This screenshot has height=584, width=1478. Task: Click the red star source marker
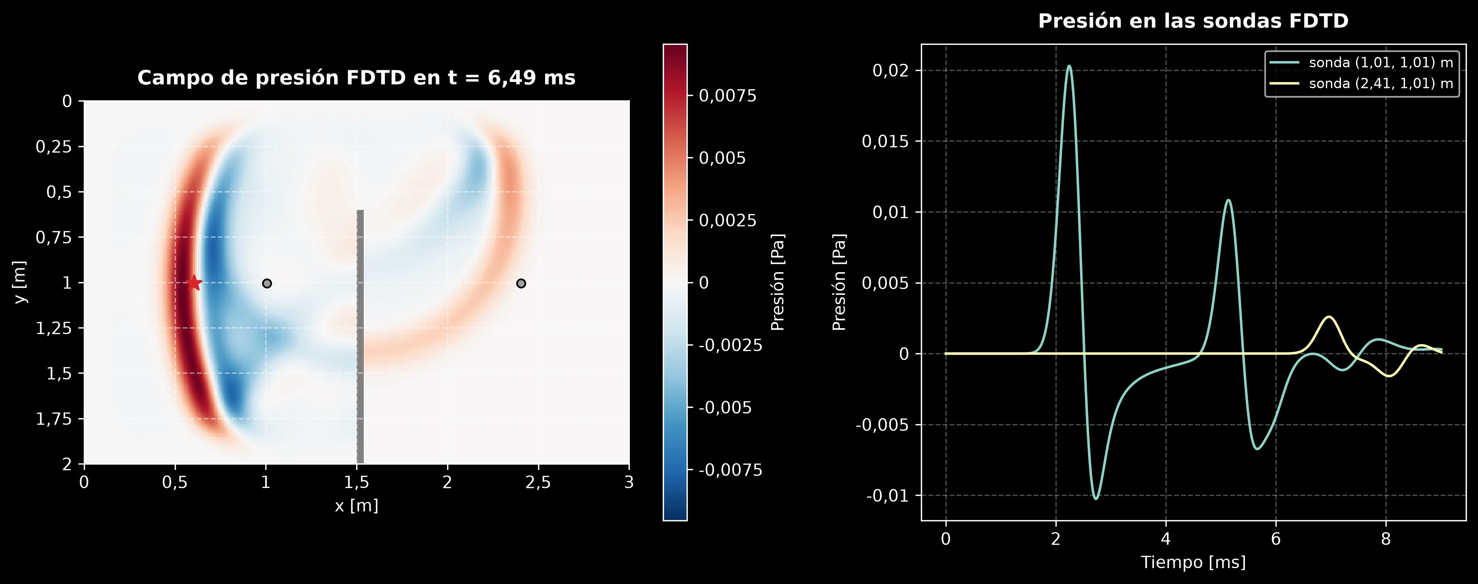click(x=195, y=282)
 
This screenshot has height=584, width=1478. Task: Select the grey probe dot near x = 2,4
click(x=521, y=283)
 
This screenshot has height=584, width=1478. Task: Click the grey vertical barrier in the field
click(x=360, y=336)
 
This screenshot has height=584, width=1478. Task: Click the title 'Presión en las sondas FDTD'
click(x=1193, y=21)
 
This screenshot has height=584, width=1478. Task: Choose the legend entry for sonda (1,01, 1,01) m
click(x=1361, y=62)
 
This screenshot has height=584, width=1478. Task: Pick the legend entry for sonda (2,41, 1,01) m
click(x=1361, y=84)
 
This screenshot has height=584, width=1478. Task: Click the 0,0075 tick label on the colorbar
click(x=727, y=96)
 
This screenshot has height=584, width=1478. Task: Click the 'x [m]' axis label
click(x=356, y=505)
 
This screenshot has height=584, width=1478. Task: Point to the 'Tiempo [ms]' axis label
click(x=1193, y=562)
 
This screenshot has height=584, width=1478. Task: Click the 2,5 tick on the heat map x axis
click(x=538, y=482)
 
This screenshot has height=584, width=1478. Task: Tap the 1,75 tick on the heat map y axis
click(x=54, y=419)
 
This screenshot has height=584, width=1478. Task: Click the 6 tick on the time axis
click(x=1276, y=539)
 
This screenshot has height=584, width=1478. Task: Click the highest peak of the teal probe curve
click(x=1069, y=66)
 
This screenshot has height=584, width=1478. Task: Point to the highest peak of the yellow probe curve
click(x=1329, y=317)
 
